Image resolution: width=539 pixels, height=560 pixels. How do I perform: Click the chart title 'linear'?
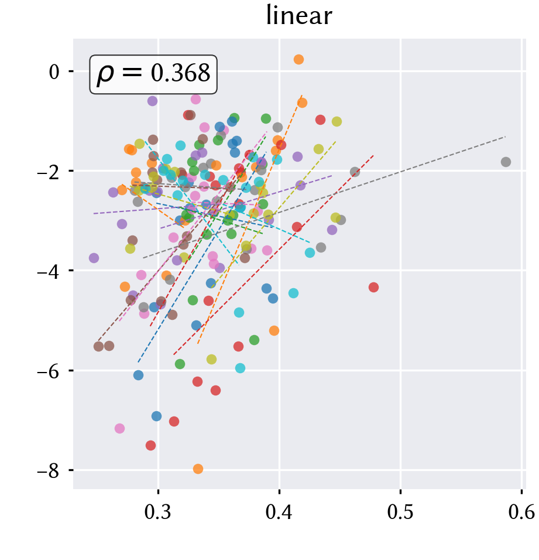299,16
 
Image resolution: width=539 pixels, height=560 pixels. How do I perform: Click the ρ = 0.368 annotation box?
153,74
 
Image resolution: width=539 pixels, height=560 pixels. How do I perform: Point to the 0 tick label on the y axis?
54,72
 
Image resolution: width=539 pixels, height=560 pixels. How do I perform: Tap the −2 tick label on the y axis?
49,172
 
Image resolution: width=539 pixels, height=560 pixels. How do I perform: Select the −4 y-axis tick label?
49,271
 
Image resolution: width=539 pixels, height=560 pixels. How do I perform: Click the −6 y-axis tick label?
49,371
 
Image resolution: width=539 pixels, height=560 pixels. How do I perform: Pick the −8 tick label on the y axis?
49,471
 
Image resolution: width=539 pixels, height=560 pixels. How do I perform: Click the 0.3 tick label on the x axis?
157,512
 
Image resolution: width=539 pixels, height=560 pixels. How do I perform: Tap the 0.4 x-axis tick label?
279,512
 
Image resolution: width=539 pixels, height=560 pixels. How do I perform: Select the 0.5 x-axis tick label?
400,512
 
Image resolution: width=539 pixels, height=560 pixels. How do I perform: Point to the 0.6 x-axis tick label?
521,512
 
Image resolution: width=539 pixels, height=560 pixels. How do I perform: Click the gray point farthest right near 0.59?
506,162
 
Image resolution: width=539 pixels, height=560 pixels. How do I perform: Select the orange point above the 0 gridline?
298,59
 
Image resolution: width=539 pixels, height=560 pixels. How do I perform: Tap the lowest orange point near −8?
198,469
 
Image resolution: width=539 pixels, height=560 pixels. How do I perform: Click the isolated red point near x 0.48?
373,287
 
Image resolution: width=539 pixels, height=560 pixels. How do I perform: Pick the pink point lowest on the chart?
119,428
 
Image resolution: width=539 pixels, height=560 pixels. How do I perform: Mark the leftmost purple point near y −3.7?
94,258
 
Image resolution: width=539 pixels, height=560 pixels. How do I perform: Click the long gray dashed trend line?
324,197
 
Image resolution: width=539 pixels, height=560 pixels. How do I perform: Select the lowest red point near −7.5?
150,445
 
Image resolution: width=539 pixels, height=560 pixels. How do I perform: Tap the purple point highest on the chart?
152,101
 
